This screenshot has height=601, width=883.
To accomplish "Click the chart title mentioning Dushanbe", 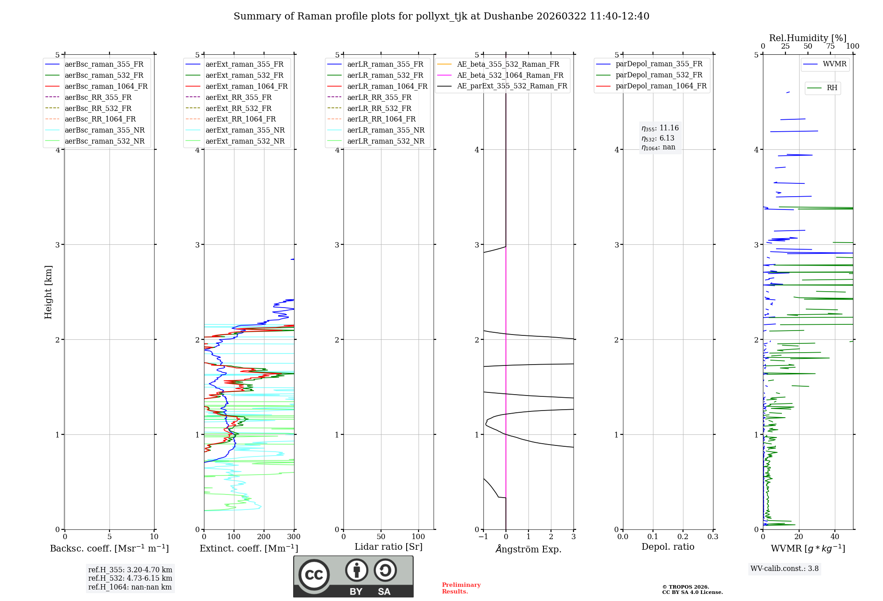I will coord(441,16).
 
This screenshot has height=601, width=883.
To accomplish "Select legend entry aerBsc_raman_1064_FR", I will coord(106,86).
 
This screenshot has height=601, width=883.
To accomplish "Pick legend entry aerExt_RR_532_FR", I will coord(238,108).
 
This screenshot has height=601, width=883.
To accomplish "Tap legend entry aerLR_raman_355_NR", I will coord(385,130).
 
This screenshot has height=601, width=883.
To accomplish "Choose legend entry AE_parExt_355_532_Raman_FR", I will coord(512,86).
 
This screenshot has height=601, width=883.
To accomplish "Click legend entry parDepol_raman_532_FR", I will coord(659,75).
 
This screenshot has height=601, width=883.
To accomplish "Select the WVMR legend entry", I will coord(834,64).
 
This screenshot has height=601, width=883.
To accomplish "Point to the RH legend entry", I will coord(832,88).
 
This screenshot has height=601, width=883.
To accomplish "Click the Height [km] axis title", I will coord(48,292).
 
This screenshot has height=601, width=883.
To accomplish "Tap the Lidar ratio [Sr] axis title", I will coord(389,547).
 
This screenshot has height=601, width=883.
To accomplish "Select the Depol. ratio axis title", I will coord(668,547).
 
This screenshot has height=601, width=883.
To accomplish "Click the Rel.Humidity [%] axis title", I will coord(808,38).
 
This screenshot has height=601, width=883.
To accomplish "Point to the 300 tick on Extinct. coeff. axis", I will coord(294,537).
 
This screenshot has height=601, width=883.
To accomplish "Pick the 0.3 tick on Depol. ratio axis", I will coord(713,537).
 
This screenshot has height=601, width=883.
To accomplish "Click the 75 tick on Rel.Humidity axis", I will coord(830,46).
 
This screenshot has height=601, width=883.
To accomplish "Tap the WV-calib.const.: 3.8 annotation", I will coord(784,569).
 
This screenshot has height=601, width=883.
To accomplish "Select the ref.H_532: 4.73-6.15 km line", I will coord(130,578).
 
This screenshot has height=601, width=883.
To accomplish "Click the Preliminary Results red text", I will coord(461,588).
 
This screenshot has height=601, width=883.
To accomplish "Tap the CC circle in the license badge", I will coord(314,575).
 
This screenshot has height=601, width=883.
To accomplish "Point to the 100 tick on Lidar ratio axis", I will coord(418,537).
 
